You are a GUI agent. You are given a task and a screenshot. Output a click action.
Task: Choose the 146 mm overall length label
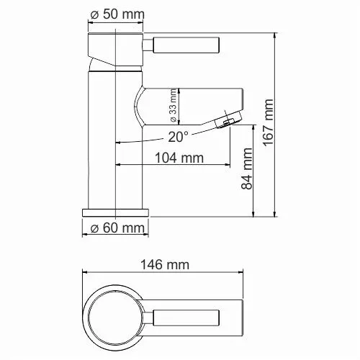click(x=167, y=265)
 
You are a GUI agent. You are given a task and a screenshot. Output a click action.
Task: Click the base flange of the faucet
click(x=116, y=213)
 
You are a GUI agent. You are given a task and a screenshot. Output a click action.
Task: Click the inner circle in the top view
click(x=116, y=314)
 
